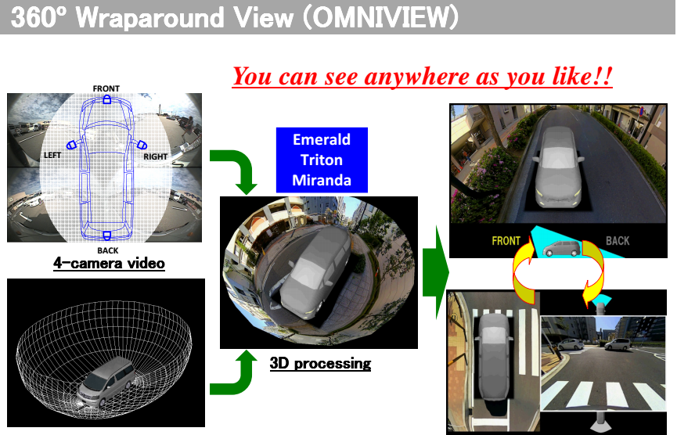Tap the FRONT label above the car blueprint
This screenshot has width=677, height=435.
(x=106, y=88)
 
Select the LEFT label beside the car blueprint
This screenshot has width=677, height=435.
(x=52, y=155)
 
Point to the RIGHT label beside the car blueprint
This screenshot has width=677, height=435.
(x=156, y=156)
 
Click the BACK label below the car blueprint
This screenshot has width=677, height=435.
(x=107, y=250)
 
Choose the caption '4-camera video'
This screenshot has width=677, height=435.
(x=110, y=263)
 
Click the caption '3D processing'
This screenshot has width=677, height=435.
(x=320, y=363)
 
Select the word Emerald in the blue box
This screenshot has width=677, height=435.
(x=322, y=139)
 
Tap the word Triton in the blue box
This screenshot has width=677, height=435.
(x=322, y=160)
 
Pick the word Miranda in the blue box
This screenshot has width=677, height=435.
(x=322, y=180)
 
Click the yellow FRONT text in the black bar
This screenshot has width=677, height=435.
(x=506, y=241)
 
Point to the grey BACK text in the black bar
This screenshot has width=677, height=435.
(x=618, y=241)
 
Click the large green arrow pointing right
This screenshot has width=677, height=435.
(x=436, y=272)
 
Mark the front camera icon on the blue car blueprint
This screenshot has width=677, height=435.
(x=106, y=99)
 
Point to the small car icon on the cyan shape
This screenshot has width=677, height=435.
(x=561, y=248)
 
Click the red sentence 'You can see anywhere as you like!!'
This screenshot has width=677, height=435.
(x=423, y=77)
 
